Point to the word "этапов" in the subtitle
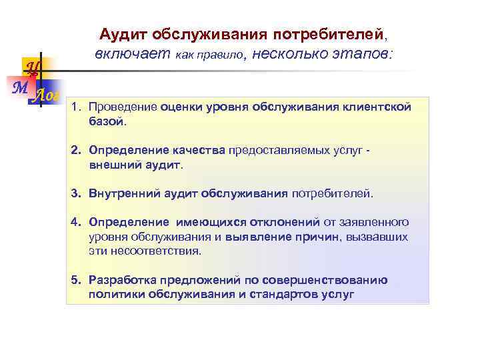(x=363, y=53)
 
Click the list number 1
(x=76, y=107)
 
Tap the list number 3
(x=76, y=193)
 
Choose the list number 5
(x=76, y=280)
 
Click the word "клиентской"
(x=377, y=107)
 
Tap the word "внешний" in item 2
(x=110, y=164)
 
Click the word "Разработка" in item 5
(x=120, y=280)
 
